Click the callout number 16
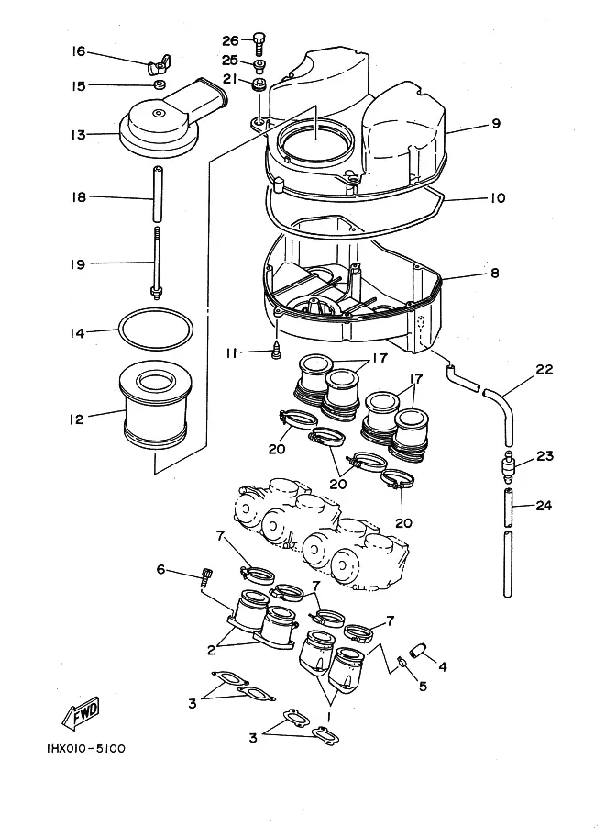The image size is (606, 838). (78, 51)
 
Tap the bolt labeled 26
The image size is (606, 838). (259, 41)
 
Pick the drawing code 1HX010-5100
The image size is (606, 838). (70, 748)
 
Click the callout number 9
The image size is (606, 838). (495, 123)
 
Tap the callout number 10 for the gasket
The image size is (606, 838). (497, 198)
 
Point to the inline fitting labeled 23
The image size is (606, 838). (509, 472)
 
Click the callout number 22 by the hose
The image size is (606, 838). (545, 369)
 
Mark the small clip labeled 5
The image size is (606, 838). (402, 665)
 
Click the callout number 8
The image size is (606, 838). (495, 273)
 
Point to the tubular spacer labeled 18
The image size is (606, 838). (157, 197)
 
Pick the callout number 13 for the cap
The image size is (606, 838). (78, 135)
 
